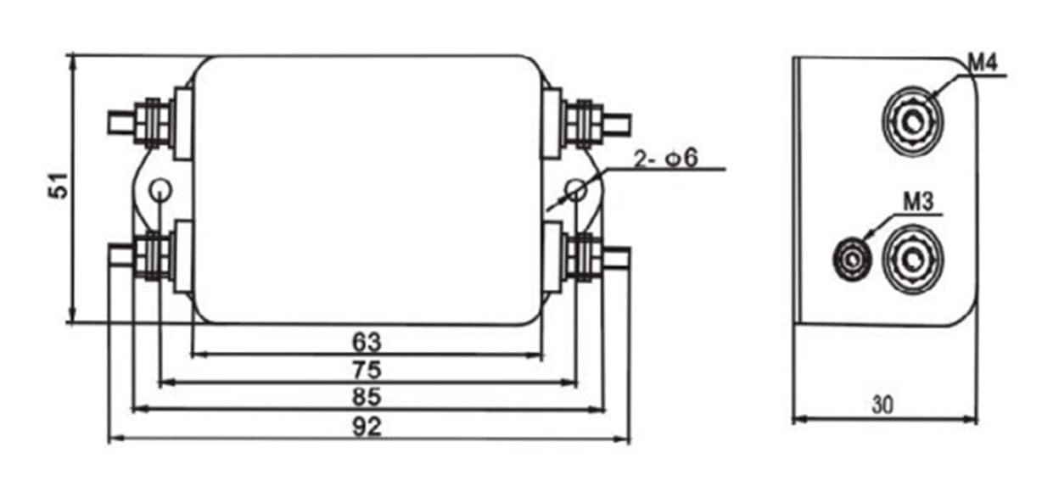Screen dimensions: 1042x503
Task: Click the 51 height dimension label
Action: [x=59, y=186]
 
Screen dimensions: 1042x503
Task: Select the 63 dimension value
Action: [x=367, y=342]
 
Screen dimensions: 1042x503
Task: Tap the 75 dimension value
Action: [x=367, y=370]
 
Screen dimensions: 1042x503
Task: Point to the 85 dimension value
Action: [x=367, y=397]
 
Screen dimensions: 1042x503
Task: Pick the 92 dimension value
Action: [x=367, y=427]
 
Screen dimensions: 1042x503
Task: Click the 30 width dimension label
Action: [x=882, y=405]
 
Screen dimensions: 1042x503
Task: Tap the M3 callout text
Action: [x=918, y=202]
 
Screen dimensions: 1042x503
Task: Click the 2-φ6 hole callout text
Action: [x=667, y=159]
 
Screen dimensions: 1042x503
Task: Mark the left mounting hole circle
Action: [x=161, y=190]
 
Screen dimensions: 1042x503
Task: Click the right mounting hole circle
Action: [x=576, y=190]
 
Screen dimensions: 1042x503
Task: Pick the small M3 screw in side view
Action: [x=852, y=260]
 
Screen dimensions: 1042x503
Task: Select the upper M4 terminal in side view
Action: [x=913, y=121]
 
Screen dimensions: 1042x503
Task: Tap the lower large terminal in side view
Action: [x=913, y=260]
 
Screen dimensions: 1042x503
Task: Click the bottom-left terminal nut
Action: [x=152, y=257]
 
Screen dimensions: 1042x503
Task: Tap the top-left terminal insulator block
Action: [x=183, y=123]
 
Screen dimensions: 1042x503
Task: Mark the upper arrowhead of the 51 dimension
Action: [x=72, y=63]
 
